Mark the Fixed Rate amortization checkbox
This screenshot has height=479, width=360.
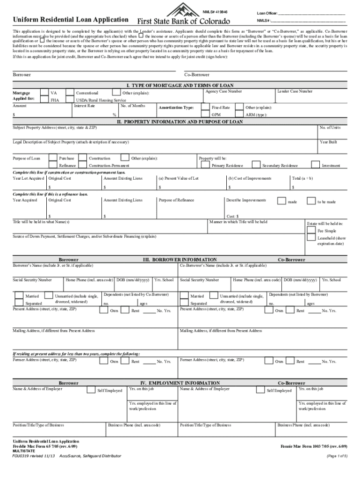coord(205,107)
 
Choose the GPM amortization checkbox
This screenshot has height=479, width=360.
coord(205,114)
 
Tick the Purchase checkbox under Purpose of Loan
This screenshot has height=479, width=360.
coord(53,158)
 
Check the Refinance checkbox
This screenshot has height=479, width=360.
coord(53,165)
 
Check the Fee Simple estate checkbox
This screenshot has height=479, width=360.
coord(311,231)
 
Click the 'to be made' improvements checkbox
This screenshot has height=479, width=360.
coord(311,201)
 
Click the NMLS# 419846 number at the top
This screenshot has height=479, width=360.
coord(215,11)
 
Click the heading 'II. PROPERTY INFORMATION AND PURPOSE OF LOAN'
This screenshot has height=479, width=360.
coord(180,122)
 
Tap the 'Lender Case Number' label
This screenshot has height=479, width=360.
coord(295,91)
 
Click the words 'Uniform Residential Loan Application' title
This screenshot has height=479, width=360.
coord(71,20)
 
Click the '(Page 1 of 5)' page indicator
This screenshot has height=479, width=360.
coord(337,456)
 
